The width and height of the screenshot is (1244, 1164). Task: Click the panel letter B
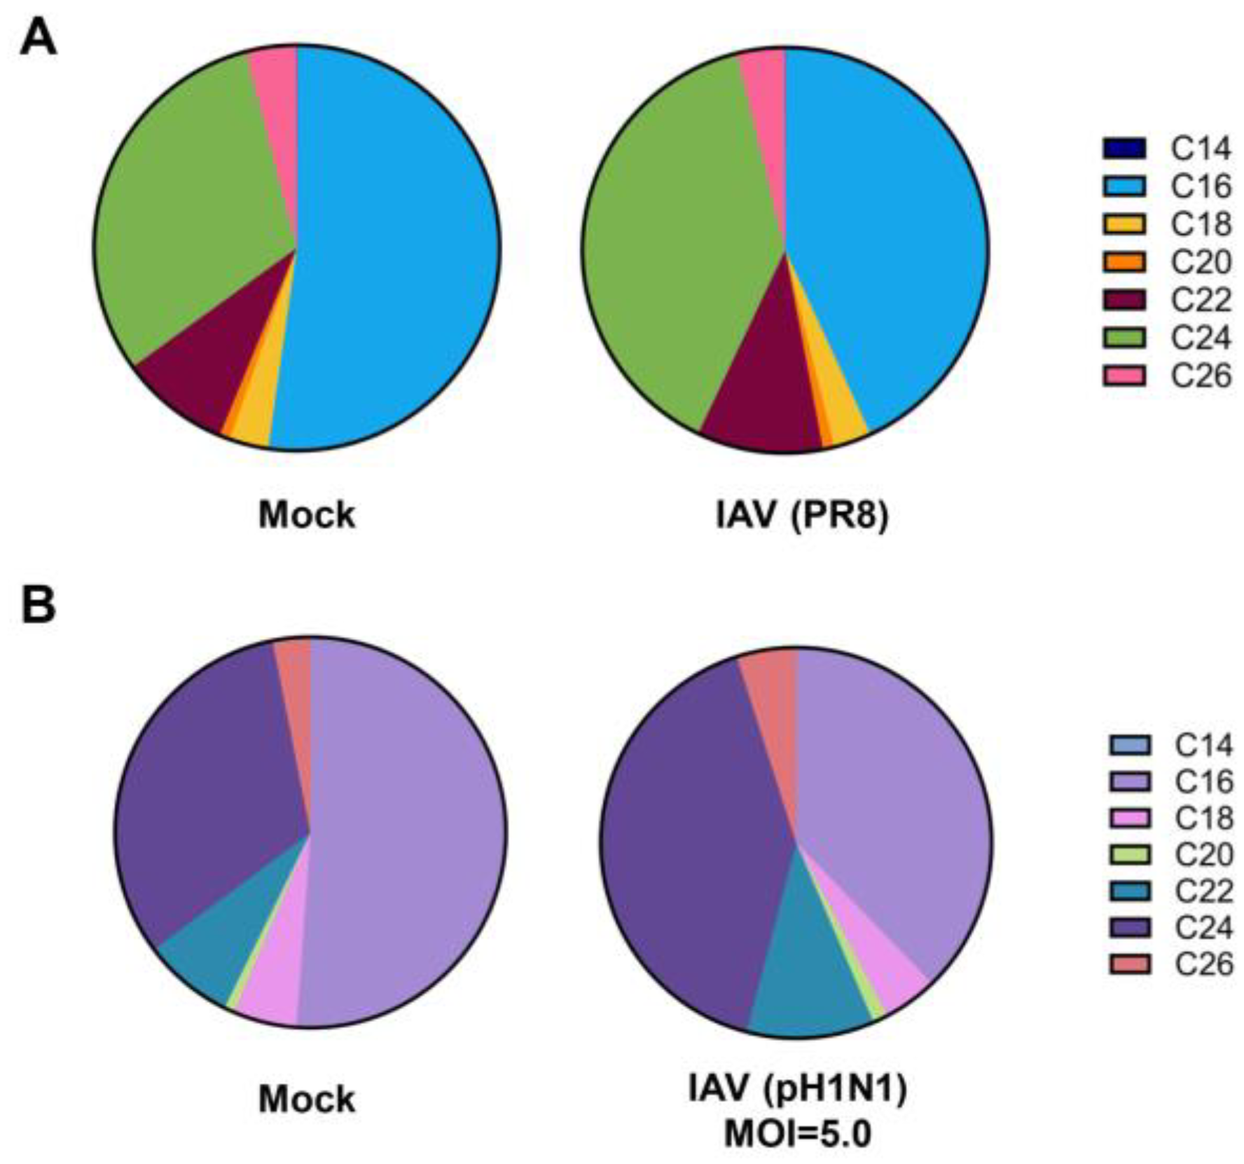38,605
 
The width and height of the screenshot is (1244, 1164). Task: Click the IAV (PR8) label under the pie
801,515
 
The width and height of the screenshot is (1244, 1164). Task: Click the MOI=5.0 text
798,1134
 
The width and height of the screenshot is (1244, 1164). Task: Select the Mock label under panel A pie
307,515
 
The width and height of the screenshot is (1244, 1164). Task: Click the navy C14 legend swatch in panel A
1124,149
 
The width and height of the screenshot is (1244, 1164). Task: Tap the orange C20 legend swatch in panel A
1124,262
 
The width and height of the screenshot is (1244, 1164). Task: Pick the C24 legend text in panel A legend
1201,338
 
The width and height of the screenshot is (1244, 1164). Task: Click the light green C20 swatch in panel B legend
1130,854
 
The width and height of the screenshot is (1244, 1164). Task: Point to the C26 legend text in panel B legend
1203,964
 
